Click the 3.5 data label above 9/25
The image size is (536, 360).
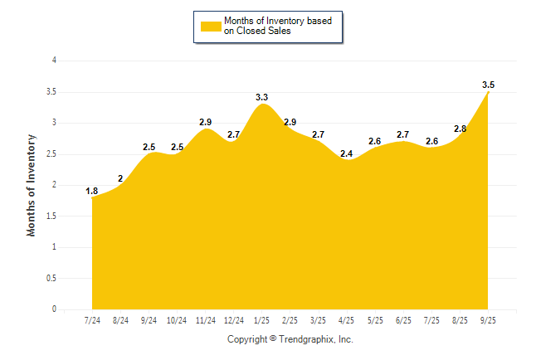[x=488, y=85]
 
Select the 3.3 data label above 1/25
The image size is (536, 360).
[x=261, y=97]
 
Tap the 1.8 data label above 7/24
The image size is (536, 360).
[x=92, y=192]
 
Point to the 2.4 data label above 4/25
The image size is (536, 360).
[x=346, y=153]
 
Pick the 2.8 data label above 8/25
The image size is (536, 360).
[x=460, y=129]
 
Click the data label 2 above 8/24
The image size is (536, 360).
[x=120, y=178]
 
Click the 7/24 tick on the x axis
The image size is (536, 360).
[x=92, y=319]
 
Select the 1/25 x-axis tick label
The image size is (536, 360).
[x=261, y=319]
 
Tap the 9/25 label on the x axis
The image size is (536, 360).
[x=488, y=319]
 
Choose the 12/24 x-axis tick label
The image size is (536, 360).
[x=233, y=319]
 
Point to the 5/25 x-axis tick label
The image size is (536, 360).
[x=375, y=319]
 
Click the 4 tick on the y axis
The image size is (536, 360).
[x=54, y=61]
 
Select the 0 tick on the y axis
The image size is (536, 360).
[x=54, y=309]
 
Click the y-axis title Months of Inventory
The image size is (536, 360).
[x=32, y=184]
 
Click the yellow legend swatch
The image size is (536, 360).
[x=211, y=26]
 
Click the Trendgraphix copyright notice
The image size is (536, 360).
[x=290, y=339]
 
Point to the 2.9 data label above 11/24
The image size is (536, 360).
[x=206, y=122]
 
